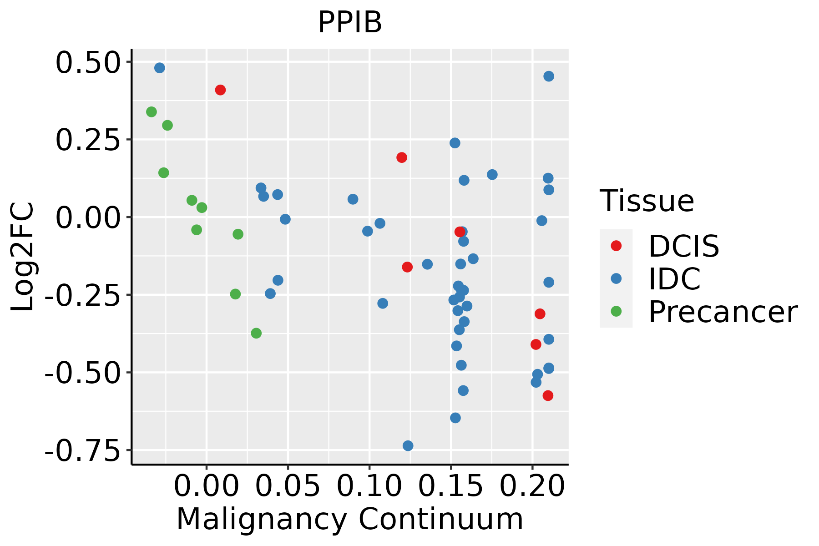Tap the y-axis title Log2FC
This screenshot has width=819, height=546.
tap(23, 256)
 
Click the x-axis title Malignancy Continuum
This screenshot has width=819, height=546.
tap(349, 520)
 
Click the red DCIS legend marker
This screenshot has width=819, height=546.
tap(616, 246)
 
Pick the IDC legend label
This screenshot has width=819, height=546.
tap(674, 279)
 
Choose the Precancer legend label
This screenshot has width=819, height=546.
tap(723, 312)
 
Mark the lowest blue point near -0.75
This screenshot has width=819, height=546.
tap(408, 445)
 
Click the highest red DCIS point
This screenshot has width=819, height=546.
tap(220, 90)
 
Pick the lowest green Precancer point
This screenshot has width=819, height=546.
tap(256, 333)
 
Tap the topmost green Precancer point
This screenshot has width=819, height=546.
tap(152, 112)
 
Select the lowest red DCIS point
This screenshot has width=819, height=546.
tap(548, 395)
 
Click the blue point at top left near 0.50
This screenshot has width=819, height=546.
tap(160, 68)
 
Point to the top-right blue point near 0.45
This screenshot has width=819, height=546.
tap(549, 76)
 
